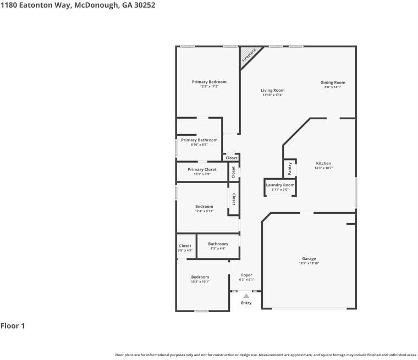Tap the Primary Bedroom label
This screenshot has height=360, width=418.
click(x=209, y=82)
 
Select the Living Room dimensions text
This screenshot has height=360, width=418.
click(x=272, y=95)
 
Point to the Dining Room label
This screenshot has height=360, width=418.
click(x=333, y=82)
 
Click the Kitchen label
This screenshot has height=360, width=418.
click(x=323, y=163)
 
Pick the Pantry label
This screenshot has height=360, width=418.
click(x=290, y=168)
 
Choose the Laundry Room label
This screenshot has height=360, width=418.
click(x=280, y=185)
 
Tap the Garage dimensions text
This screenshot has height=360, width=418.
click(x=309, y=263)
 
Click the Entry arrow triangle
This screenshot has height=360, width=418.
click(x=246, y=296)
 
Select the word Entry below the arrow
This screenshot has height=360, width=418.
click(x=246, y=303)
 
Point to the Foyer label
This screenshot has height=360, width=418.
click(x=246, y=275)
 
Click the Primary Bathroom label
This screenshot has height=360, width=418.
click(x=199, y=140)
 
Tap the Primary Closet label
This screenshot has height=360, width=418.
click(x=202, y=169)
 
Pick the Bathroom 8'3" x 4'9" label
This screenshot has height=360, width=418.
click(x=218, y=244)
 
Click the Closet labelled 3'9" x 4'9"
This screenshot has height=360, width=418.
click(x=185, y=246)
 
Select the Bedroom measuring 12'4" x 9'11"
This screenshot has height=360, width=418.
click(x=204, y=207)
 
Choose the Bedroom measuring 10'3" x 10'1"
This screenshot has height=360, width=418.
click(x=200, y=277)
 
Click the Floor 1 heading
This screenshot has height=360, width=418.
click(x=13, y=326)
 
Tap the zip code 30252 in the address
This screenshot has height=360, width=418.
click(x=145, y=5)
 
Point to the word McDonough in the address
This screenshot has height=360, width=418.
click(x=96, y=5)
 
